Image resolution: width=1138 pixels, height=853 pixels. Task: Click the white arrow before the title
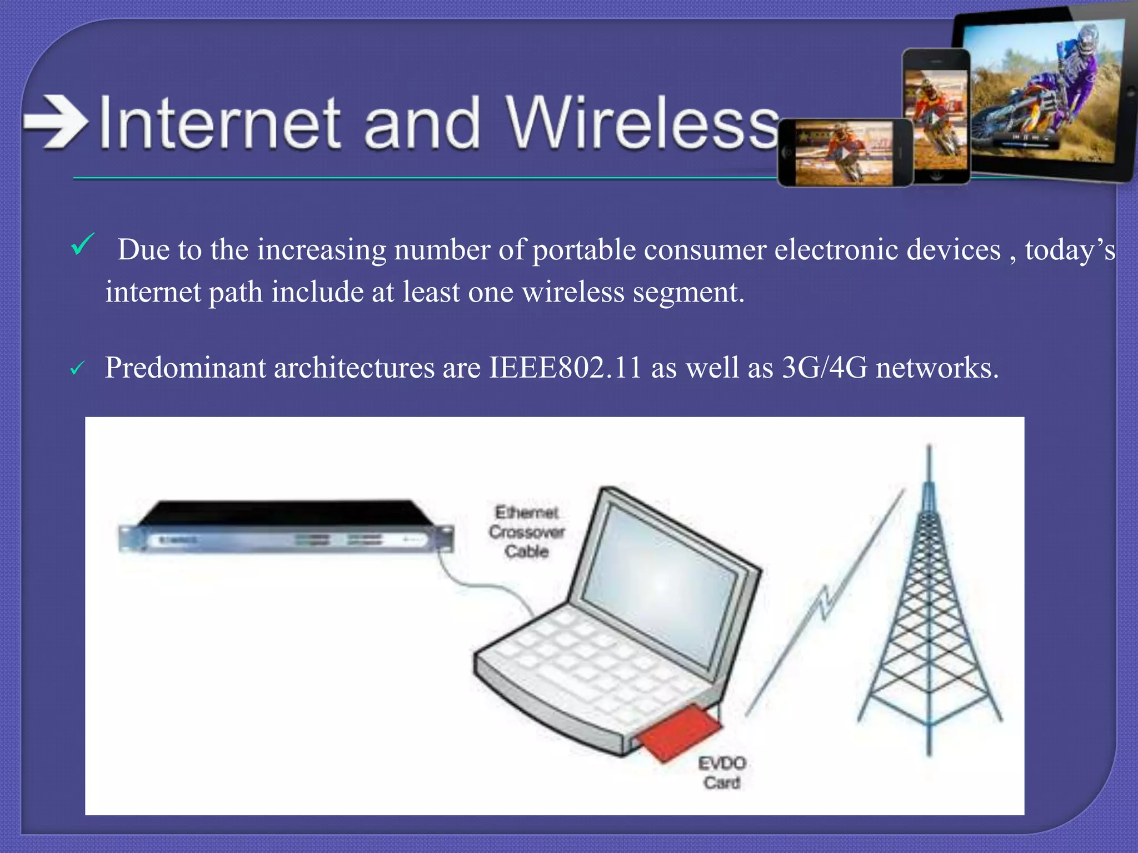(56, 122)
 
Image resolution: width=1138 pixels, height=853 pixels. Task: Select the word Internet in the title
(219, 123)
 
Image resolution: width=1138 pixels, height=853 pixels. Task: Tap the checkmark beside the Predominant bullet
(77, 368)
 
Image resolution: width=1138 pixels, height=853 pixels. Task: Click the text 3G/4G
(824, 368)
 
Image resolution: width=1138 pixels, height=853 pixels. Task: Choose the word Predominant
(185, 368)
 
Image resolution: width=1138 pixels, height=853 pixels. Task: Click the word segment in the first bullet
(688, 292)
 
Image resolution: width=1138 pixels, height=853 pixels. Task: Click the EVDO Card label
(722, 772)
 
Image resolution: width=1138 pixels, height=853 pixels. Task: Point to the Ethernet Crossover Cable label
(526, 531)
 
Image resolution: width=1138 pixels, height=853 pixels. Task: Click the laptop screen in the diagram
(661, 583)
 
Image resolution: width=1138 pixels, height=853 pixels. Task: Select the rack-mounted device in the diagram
(286, 528)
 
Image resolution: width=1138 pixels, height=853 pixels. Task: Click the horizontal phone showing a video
(844, 153)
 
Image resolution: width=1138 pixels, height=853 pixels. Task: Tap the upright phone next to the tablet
(936, 117)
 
